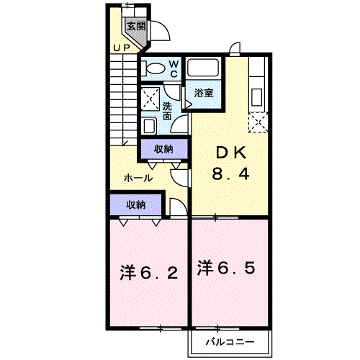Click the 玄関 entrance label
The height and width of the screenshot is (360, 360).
[x=136, y=26]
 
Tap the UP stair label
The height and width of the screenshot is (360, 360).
[x=122, y=48]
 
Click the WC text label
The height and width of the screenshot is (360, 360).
[x=174, y=69]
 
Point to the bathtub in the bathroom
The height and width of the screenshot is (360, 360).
[x=203, y=68]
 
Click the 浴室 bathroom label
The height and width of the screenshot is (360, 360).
[x=204, y=93]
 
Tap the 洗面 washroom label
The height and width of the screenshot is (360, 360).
[x=167, y=111]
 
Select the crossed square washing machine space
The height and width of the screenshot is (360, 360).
[x=150, y=99]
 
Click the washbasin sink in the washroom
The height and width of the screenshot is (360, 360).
[x=149, y=125]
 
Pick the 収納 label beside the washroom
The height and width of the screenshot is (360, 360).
[x=163, y=149]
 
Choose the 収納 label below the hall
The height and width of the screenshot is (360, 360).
[x=136, y=205]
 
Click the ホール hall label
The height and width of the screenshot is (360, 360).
[x=138, y=179]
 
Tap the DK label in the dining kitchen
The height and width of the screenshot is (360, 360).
[x=231, y=153]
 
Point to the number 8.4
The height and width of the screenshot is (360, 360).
[x=230, y=174]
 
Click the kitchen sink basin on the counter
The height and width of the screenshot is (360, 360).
[x=256, y=97]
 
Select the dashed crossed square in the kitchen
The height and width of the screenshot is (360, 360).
[x=258, y=122]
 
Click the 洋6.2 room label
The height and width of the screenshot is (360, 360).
[x=149, y=273]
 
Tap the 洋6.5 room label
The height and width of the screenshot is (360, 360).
[x=226, y=268]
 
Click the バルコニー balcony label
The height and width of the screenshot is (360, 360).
[x=230, y=342]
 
